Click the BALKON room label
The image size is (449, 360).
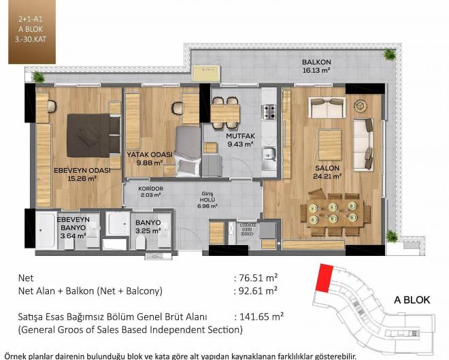(x=316, y=62)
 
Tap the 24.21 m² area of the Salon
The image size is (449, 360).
(x=327, y=176)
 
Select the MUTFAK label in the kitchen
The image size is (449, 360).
(x=240, y=135)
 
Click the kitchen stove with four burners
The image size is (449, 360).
(x=269, y=112)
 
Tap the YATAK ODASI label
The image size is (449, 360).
(x=150, y=154)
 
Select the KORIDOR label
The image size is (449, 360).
(x=150, y=189)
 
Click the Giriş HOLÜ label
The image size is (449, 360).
(x=207, y=197)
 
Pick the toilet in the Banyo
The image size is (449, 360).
(x=141, y=242)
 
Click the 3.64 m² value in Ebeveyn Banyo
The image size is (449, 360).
(x=73, y=235)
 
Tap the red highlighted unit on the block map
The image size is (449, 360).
(x=325, y=278)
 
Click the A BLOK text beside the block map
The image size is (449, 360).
(x=412, y=300)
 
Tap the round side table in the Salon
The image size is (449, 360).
(x=361, y=105)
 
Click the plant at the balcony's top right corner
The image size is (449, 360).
(x=390, y=54)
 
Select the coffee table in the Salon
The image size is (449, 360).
(x=330, y=145)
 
